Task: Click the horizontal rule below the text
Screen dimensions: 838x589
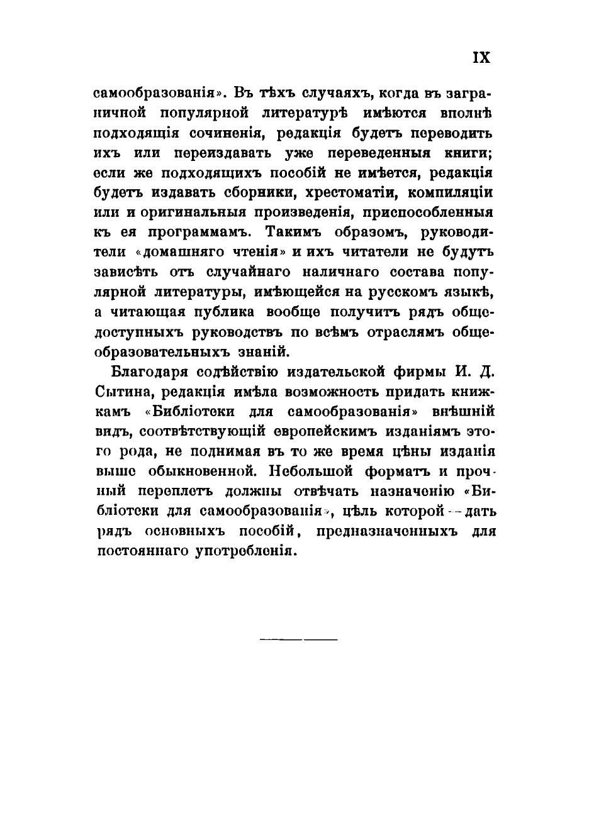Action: click(x=299, y=639)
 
